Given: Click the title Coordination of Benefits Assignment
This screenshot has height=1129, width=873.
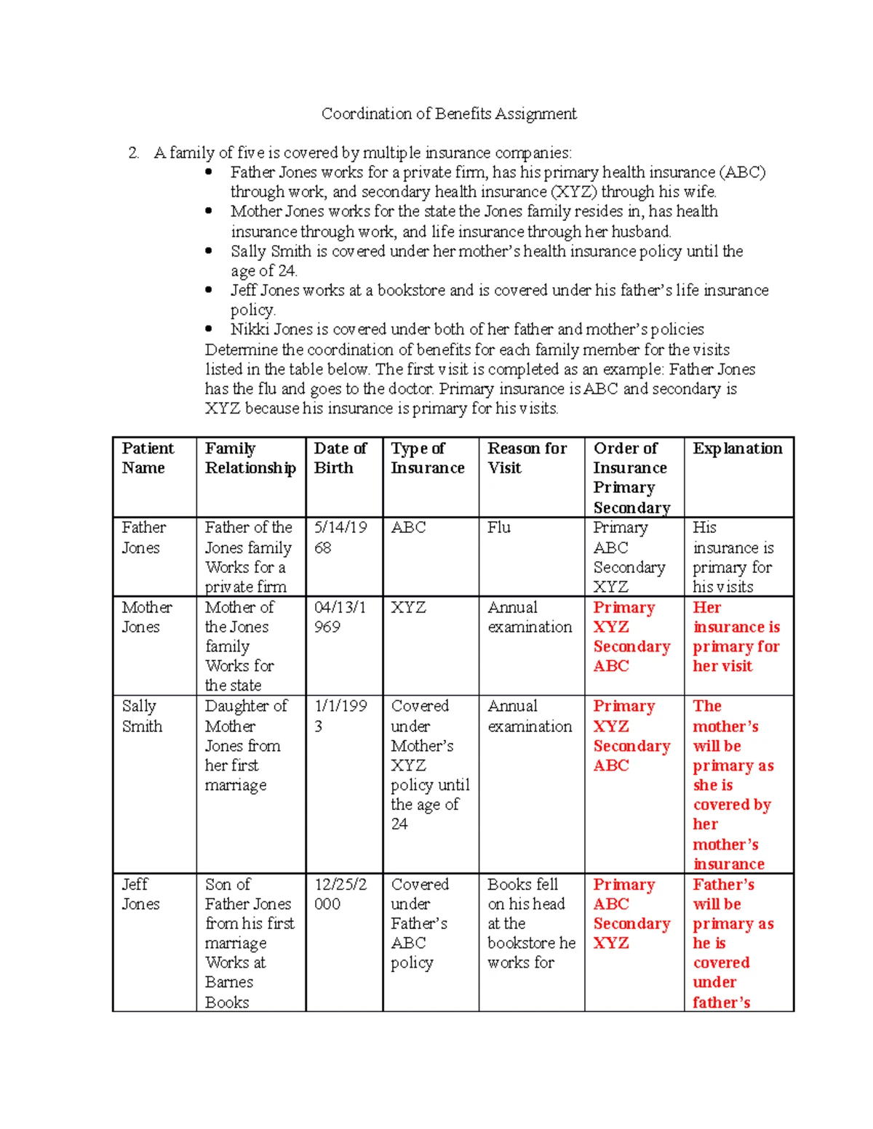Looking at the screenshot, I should [449, 113].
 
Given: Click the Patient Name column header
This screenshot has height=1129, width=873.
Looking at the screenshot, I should [148, 458].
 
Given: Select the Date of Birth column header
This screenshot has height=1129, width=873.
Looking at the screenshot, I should [340, 458].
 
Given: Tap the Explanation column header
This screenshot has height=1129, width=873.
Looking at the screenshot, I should [737, 449].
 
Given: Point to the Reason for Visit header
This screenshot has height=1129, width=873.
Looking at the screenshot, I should [527, 458].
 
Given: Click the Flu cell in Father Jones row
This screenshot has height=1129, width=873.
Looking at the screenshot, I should [499, 527].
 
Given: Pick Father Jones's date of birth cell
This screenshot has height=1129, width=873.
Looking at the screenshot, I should [340, 537].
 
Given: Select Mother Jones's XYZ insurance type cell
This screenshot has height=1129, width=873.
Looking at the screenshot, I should [408, 607].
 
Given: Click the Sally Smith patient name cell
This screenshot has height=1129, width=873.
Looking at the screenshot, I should [142, 716].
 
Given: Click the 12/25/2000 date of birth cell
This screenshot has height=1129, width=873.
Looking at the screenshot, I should [340, 894].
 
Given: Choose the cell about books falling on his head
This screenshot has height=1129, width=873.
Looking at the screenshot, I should [530, 923].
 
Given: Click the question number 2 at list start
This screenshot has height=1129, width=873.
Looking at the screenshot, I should [133, 153].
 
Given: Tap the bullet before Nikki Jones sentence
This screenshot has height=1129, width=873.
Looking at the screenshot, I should [210, 329].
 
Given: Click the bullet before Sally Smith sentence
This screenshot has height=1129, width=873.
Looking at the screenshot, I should [210, 251].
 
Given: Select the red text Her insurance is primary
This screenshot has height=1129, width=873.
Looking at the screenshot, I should [736, 636].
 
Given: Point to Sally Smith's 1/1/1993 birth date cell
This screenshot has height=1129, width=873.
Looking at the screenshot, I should [340, 716].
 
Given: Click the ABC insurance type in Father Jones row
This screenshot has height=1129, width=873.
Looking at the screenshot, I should [408, 527].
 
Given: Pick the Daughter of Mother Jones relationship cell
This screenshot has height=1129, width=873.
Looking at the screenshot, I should [245, 745].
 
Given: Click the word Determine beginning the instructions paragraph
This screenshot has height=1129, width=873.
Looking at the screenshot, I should [241, 350].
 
